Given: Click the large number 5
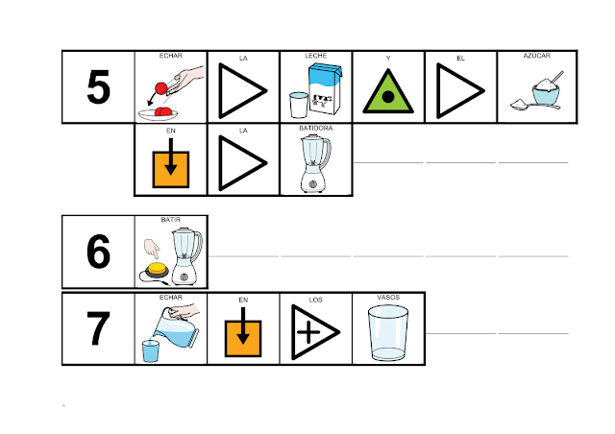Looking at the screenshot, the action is pyautogui.click(x=97, y=88).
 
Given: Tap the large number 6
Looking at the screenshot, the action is pyautogui.click(x=97, y=253).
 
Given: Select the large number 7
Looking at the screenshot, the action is pyautogui.click(x=97, y=329).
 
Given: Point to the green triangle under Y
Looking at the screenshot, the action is pyautogui.click(x=389, y=94).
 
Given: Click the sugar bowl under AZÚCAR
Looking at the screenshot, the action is pyautogui.click(x=535, y=94).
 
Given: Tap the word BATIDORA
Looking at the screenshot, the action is pyautogui.click(x=316, y=128).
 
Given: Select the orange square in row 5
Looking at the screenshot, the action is pyautogui.click(x=171, y=166).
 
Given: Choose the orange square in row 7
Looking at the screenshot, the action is pyautogui.click(x=244, y=333).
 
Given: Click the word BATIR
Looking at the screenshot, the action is pyautogui.click(x=171, y=219).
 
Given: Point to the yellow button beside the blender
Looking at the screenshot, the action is pyautogui.click(x=155, y=269).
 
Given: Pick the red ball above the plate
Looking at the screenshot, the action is pyautogui.click(x=160, y=88).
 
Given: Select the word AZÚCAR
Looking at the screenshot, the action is pyautogui.click(x=535, y=57).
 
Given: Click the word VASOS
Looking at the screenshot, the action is pyautogui.click(x=388, y=298).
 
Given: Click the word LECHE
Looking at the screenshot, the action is pyautogui.click(x=316, y=57).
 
